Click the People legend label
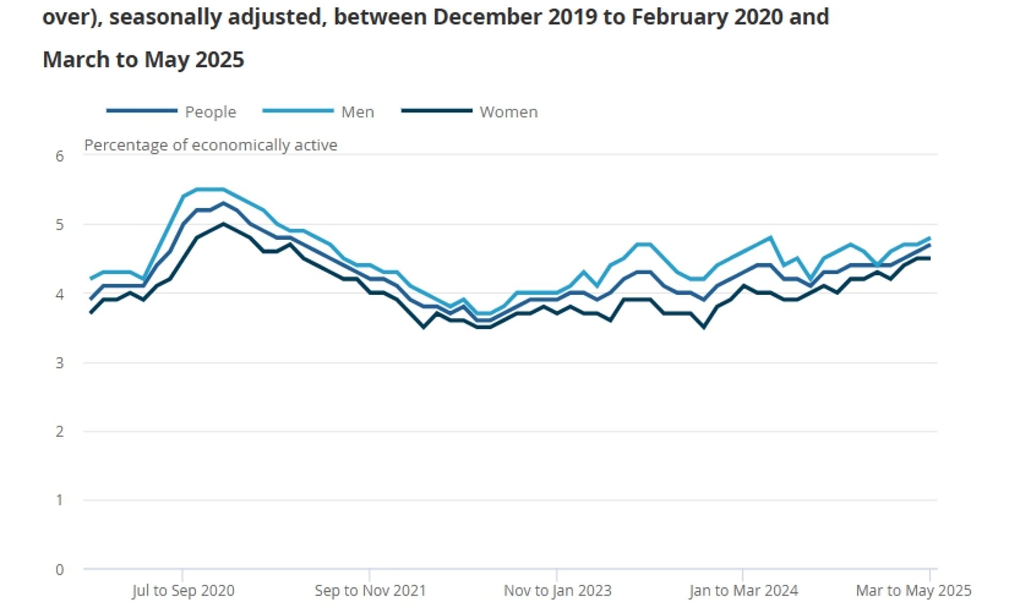click(x=210, y=112)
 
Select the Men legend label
click(x=358, y=112)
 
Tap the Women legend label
click(x=508, y=112)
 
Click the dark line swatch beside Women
click(x=437, y=111)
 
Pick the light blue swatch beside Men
click(x=298, y=111)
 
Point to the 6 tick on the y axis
click(x=59, y=156)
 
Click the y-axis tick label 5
click(x=59, y=225)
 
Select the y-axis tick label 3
click(x=59, y=363)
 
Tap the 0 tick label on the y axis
click(x=59, y=570)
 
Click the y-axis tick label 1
click(x=59, y=500)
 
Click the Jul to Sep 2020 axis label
click(x=183, y=591)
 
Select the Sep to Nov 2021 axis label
click(x=370, y=591)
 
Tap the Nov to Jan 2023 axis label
click(x=557, y=591)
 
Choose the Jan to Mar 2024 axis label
click(x=743, y=591)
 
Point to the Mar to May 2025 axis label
click(x=913, y=591)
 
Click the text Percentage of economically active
click(x=211, y=145)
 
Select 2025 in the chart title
click(x=219, y=60)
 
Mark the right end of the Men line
click(x=930, y=238)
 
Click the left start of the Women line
click(x=91, y=313)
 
